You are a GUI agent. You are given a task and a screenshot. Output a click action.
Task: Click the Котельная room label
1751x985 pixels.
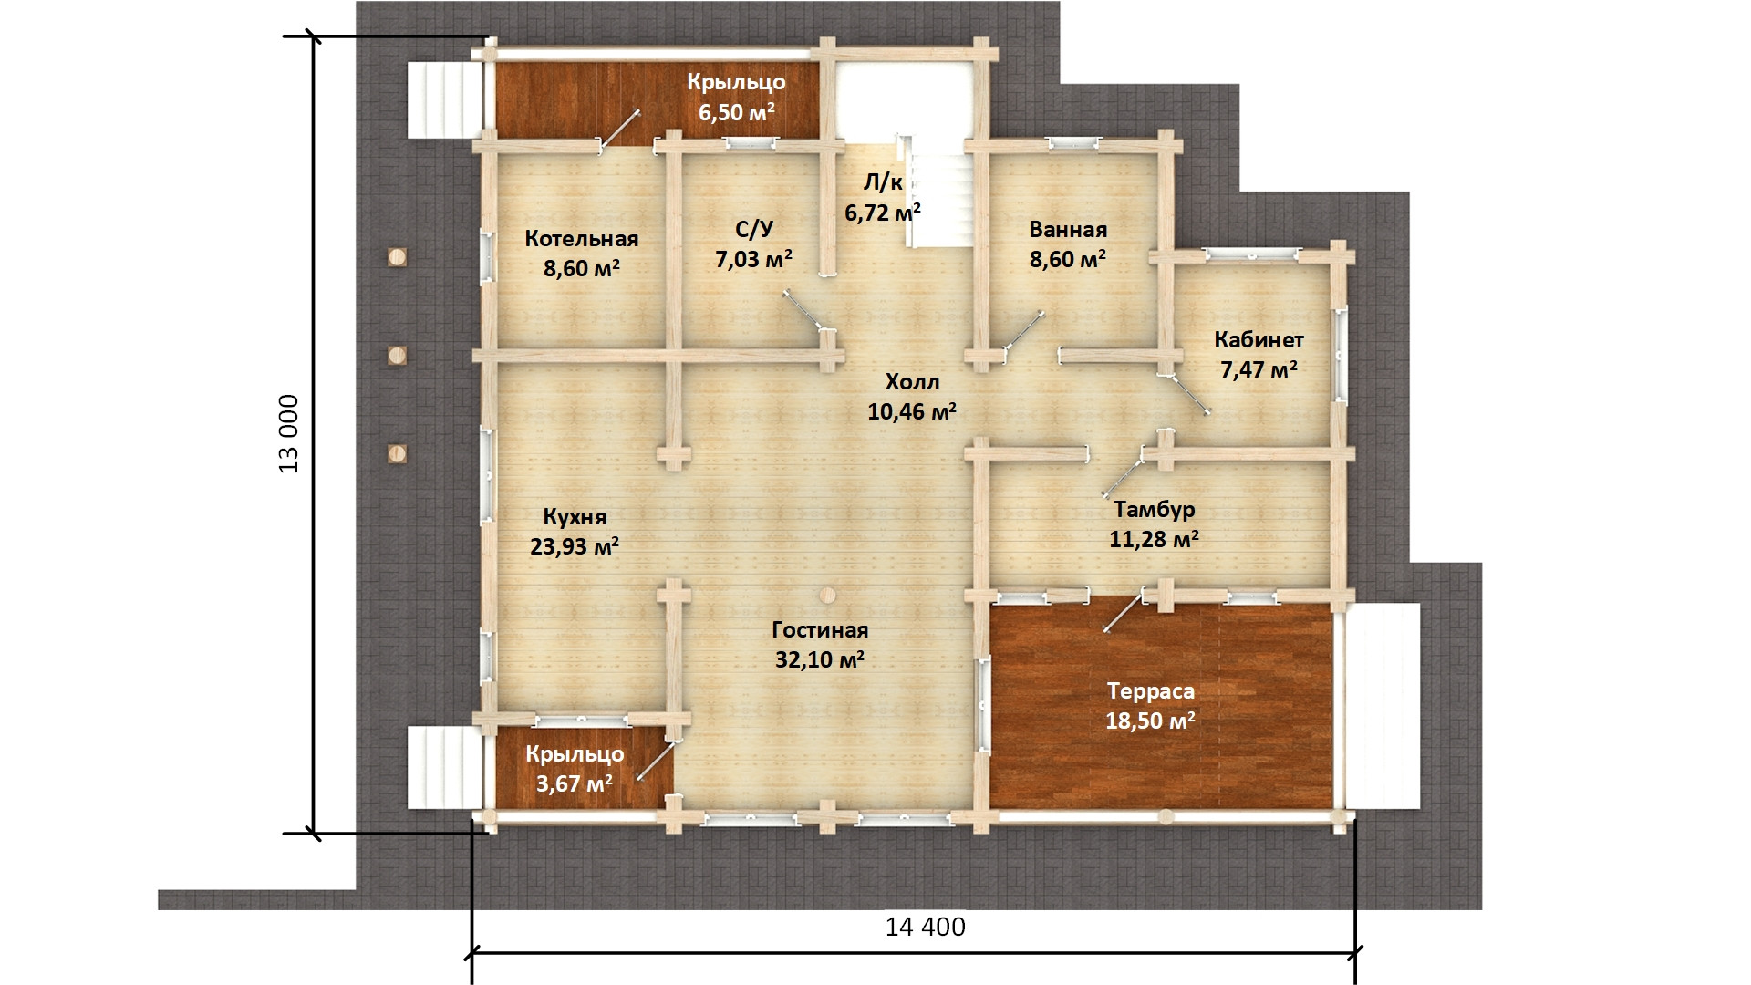pos(581,239)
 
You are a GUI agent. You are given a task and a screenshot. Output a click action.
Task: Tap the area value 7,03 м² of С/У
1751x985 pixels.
pos(753,260)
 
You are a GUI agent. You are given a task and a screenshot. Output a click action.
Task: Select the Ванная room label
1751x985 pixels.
pos(1068,230)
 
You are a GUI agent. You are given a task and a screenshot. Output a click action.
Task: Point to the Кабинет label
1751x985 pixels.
pos(1259,340)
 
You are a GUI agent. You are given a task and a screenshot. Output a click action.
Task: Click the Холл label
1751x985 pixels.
pos(912,382)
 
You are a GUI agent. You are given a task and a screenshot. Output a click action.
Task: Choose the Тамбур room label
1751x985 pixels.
pos(1154,509)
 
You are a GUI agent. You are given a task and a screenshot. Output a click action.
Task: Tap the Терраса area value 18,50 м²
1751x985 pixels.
pos(1151,721)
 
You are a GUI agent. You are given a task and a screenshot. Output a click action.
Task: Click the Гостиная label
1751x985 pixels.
pos(820,630)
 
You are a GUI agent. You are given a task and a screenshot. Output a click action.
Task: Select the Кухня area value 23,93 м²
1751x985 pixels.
pos(575,546)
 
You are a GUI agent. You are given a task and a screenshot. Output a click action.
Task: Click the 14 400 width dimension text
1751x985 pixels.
pos(926,928)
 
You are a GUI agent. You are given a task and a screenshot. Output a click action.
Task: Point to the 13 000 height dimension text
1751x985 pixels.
pos(289,434)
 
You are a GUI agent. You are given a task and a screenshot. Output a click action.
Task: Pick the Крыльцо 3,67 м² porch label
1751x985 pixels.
pos(575,769)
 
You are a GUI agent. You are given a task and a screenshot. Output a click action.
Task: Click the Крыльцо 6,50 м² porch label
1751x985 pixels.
pos(736,97)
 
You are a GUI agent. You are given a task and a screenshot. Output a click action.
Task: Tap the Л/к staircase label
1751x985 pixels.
pos(883,183)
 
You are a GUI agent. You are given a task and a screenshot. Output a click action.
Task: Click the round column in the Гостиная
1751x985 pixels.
pos(826,595)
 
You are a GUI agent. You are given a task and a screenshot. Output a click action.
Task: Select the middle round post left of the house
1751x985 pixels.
pos(397,355)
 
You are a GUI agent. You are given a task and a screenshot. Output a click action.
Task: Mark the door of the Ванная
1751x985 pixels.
pos(1023,331)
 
